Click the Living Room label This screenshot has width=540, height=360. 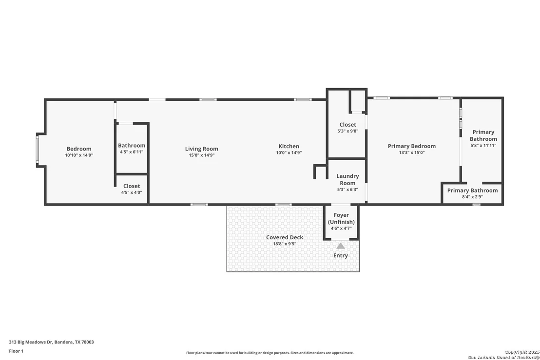[x=201, y=149]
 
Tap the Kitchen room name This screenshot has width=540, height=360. [x=289, y=146]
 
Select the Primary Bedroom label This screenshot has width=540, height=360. [x=411, y=146]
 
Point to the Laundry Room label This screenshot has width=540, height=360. [x=347, y=180]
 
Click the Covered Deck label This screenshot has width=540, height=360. [x=285, y=237]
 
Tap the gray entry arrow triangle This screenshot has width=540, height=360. [x=341, y=246]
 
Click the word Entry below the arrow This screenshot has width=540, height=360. [x=341, y=255]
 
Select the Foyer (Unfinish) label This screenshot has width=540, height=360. [x=341, y=219]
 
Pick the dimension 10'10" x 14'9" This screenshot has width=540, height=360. [x=79, y=155]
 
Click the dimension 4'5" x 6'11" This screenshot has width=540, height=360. [x=132, y=152]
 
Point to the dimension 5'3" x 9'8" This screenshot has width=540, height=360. [x=347, y=131]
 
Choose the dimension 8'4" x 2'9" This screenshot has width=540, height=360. [x=473, y=197]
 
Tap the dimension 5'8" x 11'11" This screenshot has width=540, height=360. [x=483, y=145]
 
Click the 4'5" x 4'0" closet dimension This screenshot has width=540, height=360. [x=132, y=192]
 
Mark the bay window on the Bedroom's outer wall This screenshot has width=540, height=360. [x=38, y=150]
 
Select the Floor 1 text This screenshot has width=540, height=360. [x=16, y=351]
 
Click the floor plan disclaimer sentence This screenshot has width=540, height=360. [x=270, y=353]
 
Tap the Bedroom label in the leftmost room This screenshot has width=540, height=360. [x=79, y=149]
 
